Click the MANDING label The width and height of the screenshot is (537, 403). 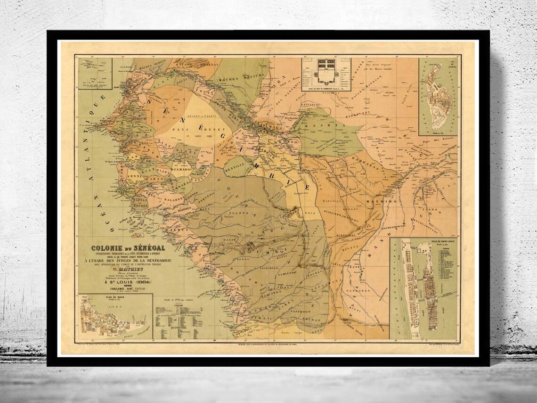tap(382, 200)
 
